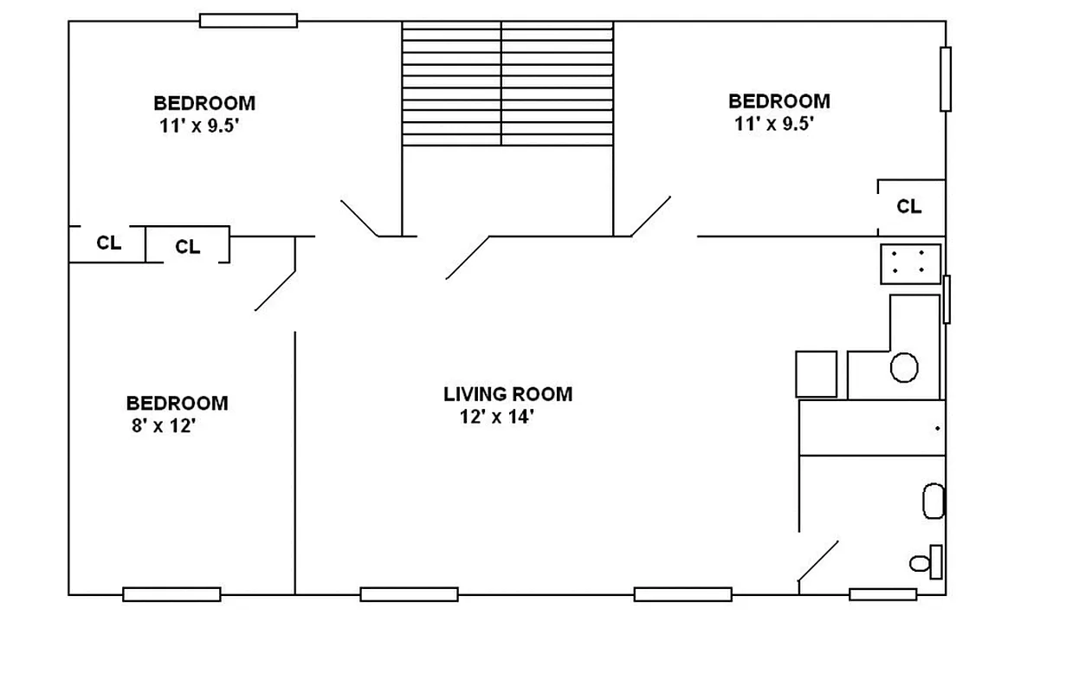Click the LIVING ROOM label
coord(507,394)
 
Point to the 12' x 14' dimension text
coord(497,418)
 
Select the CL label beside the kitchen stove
coord(908,206)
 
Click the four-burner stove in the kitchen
coord(910,263)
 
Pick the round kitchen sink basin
coord(903,367)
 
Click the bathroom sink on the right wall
coord(933,502)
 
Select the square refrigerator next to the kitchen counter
coord(816,373)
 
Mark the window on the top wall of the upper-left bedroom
coord(249,20)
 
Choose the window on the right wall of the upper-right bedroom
coord(946,79)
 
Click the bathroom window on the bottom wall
coord(882,594)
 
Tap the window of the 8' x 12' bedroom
coord(171,594)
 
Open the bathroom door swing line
coord(817,561)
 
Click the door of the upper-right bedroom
coord(650,216)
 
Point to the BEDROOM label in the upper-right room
coord(779,101)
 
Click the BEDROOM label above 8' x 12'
coord(177,403)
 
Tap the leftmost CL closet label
coord(108,243)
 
